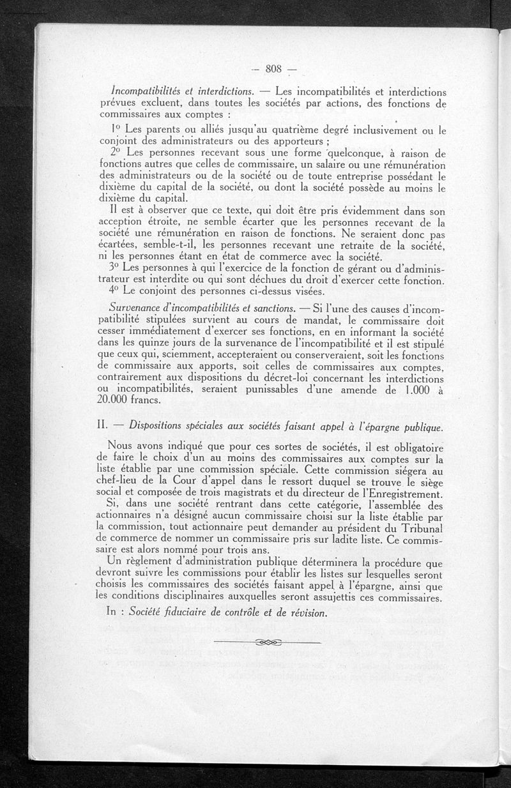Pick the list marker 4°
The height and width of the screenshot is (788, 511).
tap(116, 291)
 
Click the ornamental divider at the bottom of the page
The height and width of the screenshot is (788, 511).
tap(268, 642)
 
